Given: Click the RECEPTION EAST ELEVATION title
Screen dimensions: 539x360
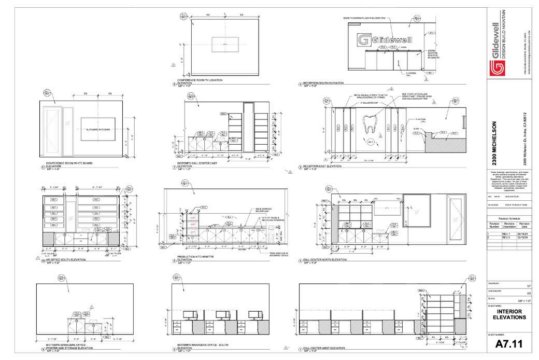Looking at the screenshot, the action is tap(323, 167).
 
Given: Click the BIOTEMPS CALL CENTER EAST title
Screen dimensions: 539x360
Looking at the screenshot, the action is tap(197, 166).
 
